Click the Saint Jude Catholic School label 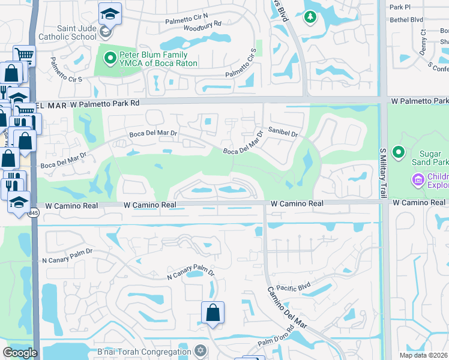point(76,32)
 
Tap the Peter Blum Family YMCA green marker point(110,58)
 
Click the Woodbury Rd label point(202,25)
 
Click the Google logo point(20,353)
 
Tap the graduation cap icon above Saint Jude point(110,13)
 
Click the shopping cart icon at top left point(24,55)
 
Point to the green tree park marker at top point(310,18)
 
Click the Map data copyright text point(424,355)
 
